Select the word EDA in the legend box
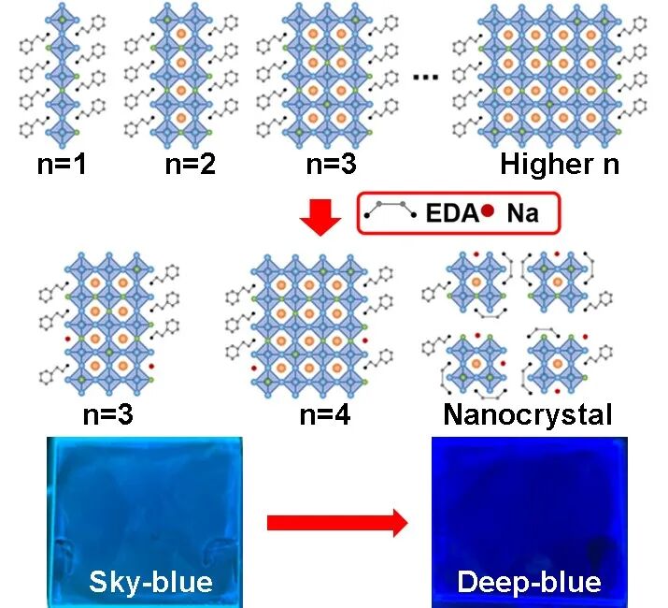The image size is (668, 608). tap(453, 214)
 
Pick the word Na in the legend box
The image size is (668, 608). tap(522, 214)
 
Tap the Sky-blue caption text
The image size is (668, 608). tap(150, 582)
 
